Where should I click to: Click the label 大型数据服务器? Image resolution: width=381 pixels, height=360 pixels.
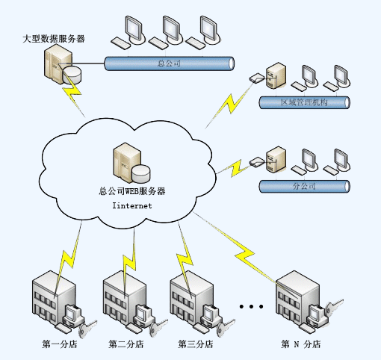click(54, 39)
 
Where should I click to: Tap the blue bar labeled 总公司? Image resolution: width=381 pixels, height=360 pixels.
click(169, 63)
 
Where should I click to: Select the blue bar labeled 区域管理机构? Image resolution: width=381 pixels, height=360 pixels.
click(304, 102)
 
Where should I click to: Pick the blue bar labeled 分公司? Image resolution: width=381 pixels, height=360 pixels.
click(304, 187)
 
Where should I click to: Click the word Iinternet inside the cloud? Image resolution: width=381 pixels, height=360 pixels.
click(132, 205)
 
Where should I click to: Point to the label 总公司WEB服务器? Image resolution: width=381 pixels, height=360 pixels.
click(132, 191)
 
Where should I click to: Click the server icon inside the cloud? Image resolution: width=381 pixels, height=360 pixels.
click(131, 163)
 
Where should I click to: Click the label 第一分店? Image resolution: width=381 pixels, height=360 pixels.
click(60, 344)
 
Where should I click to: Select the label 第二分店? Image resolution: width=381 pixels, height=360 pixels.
click(126, 344)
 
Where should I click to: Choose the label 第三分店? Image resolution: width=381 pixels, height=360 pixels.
click(196, 344)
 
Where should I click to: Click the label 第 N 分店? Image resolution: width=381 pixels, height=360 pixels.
click(301, 344)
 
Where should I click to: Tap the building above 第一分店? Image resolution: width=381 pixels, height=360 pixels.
click(54, 297)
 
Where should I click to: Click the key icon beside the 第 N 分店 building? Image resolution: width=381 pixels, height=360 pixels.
click(334, 308)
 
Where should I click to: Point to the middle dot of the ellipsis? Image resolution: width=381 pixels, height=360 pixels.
click(251, 306)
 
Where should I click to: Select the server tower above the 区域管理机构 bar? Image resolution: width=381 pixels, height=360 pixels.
click(276, 75)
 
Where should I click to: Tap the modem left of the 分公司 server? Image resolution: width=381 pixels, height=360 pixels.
click(257, 162)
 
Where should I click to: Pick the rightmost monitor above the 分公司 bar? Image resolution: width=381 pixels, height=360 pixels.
click(342, 161)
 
